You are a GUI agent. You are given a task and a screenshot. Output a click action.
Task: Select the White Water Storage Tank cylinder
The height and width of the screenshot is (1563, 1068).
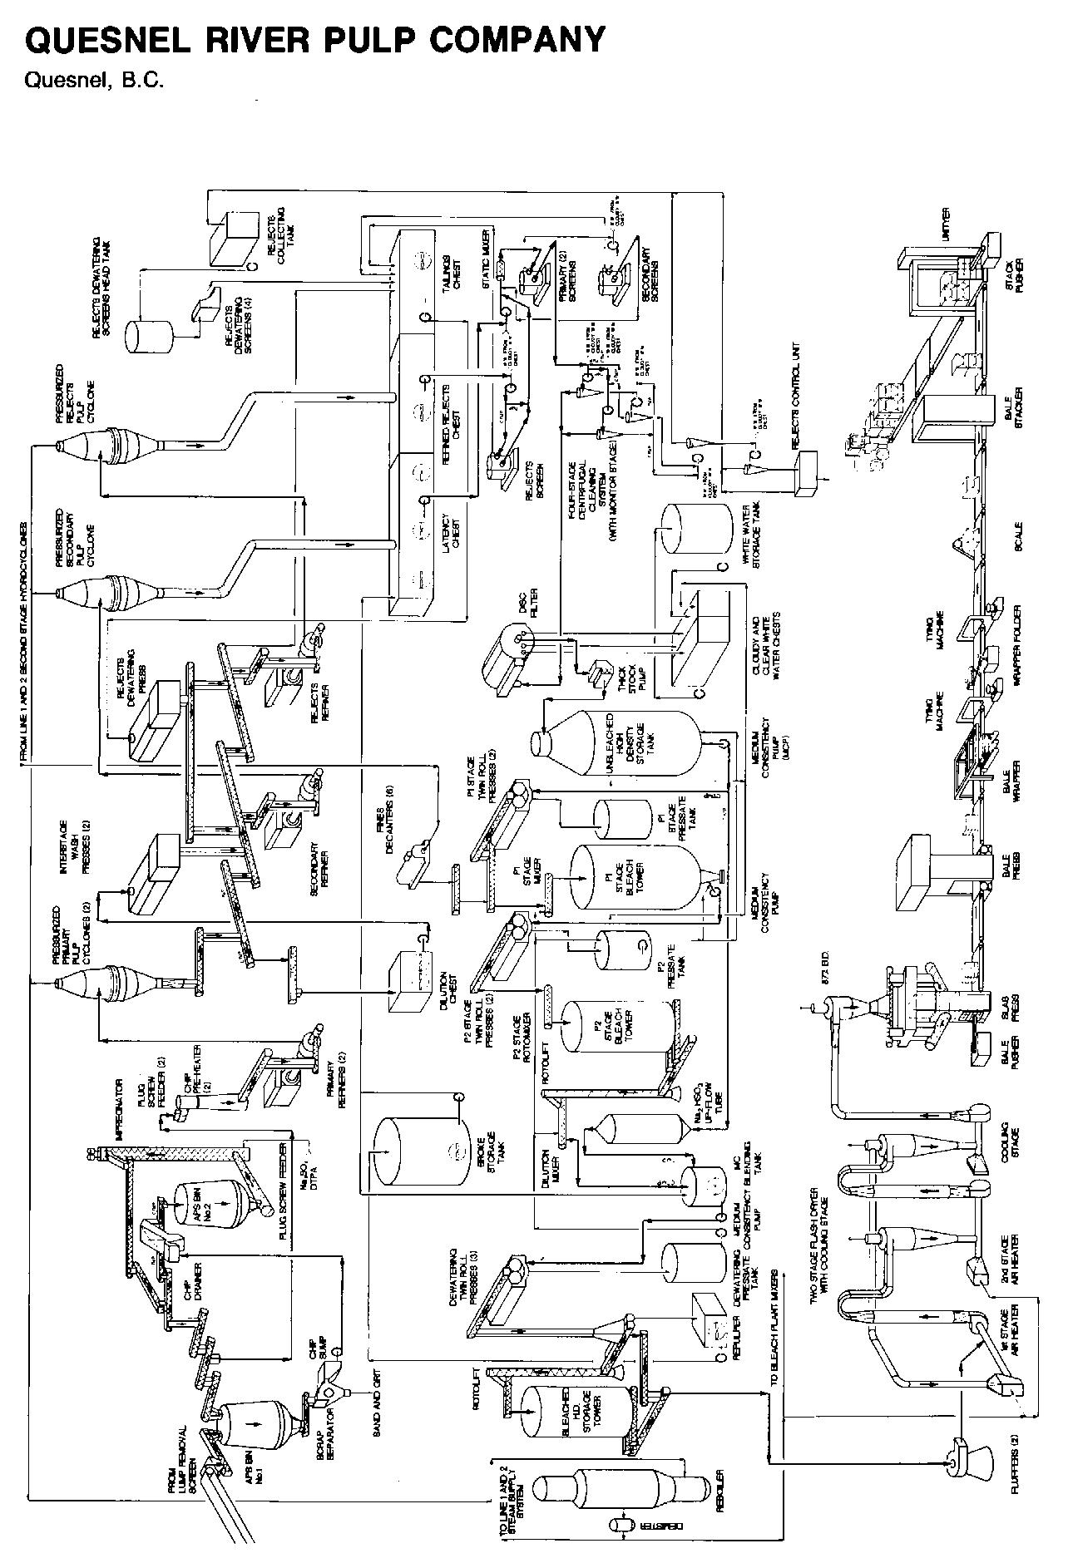click(690, 529)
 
